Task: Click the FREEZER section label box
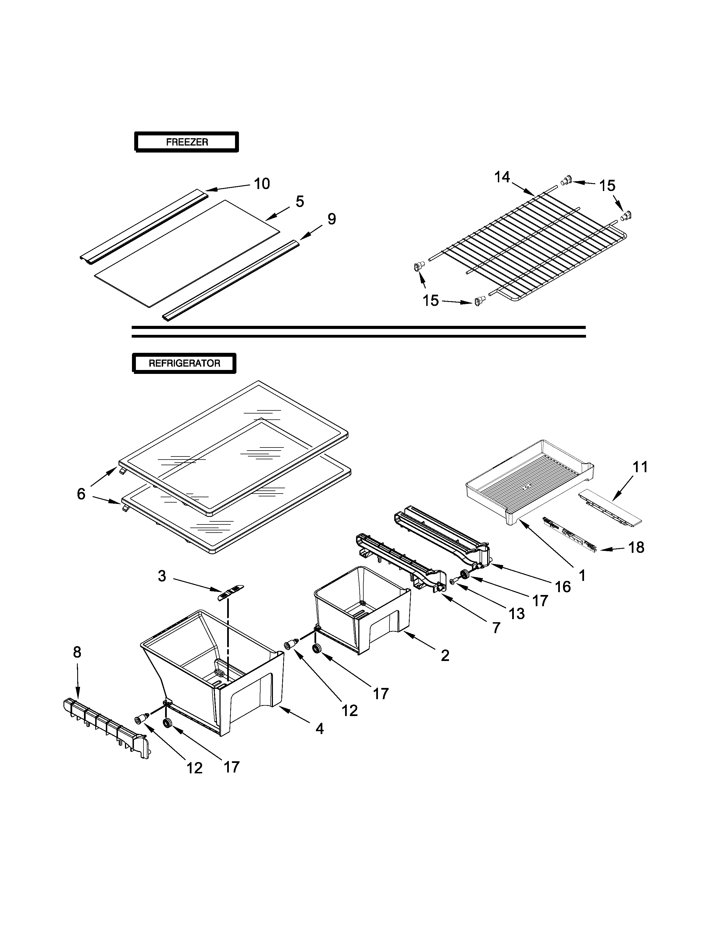coord(187,142)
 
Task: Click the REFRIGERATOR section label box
coord(184,363)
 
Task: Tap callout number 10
coord(262,184)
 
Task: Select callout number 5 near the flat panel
coord(300,202)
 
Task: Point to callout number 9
coord(331,219)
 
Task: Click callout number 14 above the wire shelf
coord(502,177)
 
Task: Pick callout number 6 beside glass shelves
coord(81,494)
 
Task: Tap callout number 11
coord(640,467)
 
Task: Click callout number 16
coord(563,587)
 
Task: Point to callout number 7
coord(496,628)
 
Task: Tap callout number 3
coord(162,576)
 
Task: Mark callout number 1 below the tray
coord(582,576)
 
